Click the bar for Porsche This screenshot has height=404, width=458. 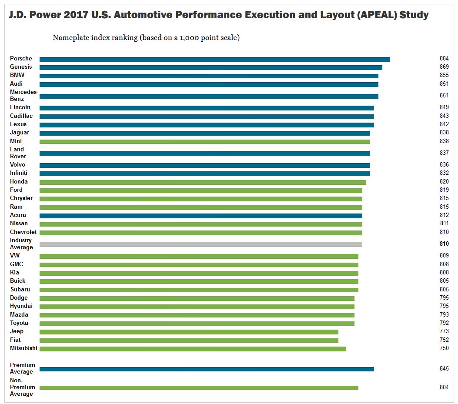click(x=214, y=59)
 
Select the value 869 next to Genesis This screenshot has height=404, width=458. click(x=444, y=67)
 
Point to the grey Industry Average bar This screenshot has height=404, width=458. click(x=201, y=244)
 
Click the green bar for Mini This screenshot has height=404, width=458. click(x=204, y=141)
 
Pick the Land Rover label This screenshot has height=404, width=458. click(x=18, y=153)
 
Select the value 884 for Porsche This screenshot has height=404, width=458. click(x=444, y=58)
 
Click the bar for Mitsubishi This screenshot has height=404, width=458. click(x=193, y=349)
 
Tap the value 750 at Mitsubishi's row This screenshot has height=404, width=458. click(x=444, y=348)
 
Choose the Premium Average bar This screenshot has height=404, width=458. click(x=207, y=369)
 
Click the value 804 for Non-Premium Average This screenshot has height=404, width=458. click(x=444, y=387)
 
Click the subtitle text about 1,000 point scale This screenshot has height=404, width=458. click(x=146, y=37)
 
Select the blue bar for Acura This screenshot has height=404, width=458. click(x=201, y=216)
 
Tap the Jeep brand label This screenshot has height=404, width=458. click(x=17, y=331)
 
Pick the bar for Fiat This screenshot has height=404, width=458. click(x=189, y=340)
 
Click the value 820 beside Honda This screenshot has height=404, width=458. click(x=444, y=181)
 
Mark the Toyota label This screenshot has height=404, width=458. click(x=19, y=323)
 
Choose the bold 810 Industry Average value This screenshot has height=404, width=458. click(x=444, y=244)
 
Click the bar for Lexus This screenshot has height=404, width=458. click(x=207, y=125)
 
